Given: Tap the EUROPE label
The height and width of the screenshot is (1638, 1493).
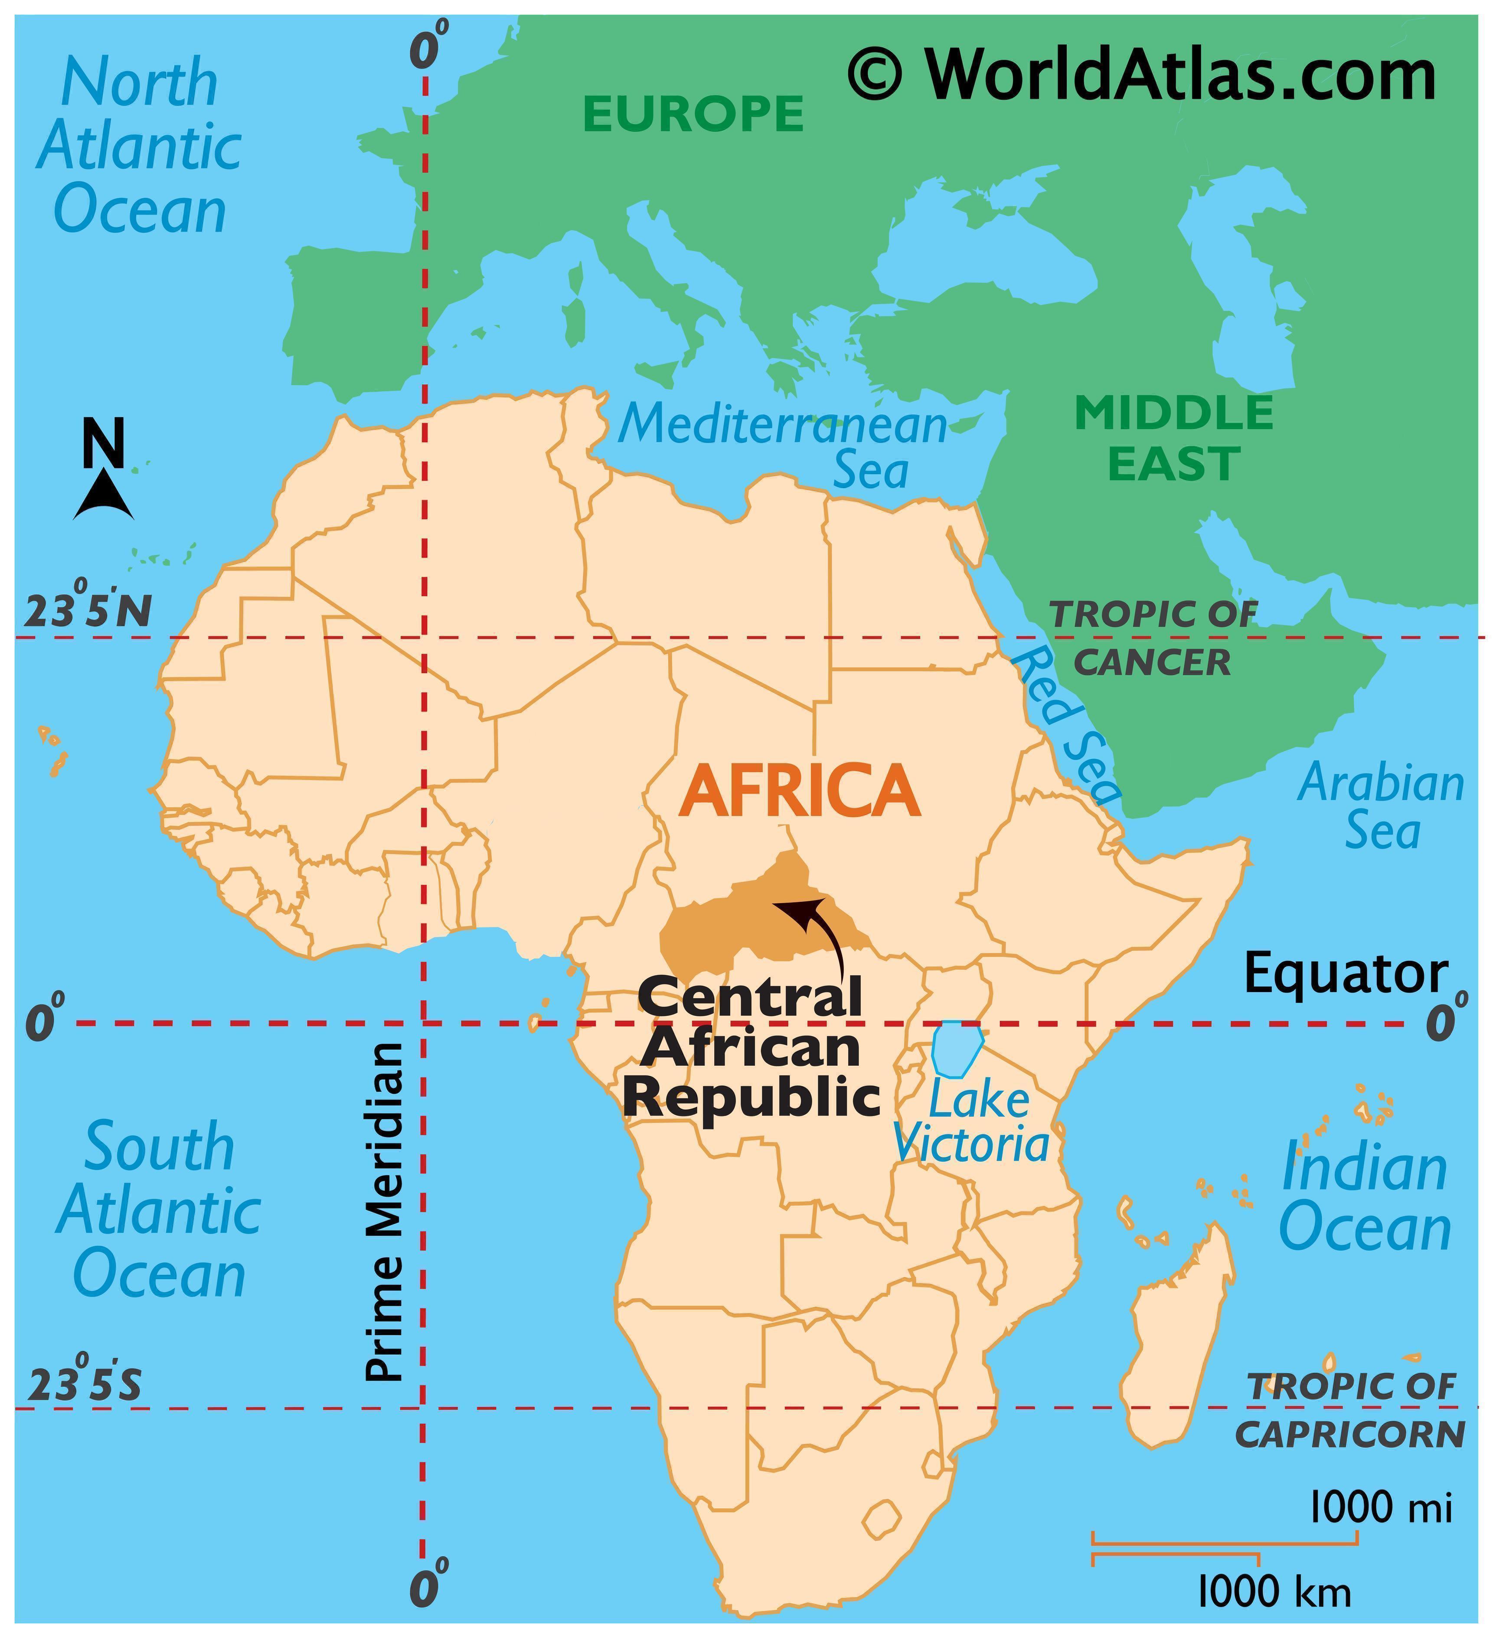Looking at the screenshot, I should [x=693, y=114].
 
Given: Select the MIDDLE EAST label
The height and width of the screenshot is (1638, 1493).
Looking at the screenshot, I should [x=1174, y=438].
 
